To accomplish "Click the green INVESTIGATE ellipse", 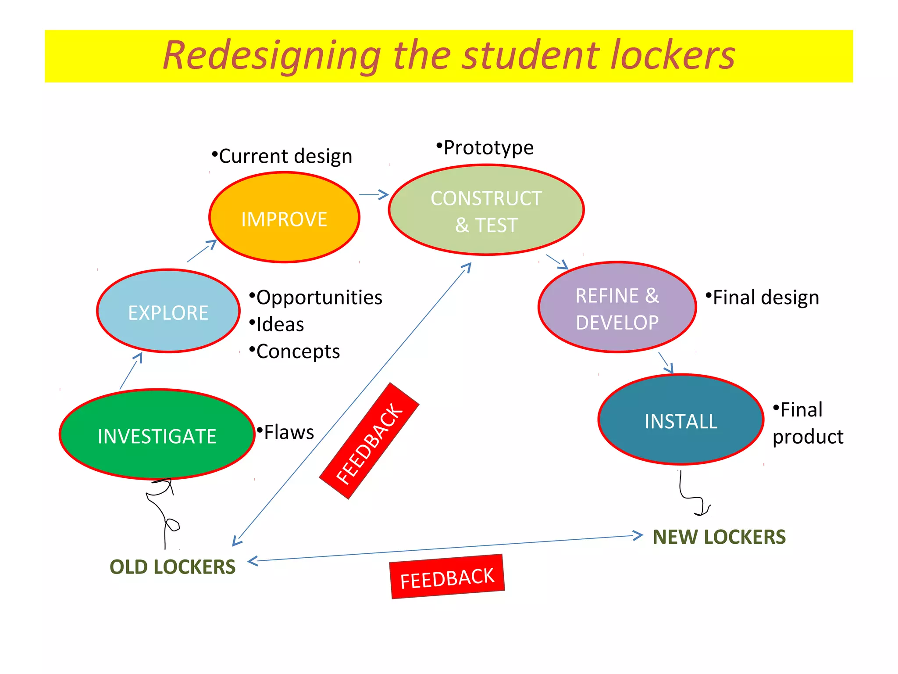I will [157, 434].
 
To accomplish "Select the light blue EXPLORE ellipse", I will [168, 311].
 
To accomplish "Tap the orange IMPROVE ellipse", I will [284, 218].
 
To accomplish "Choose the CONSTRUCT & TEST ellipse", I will [486, 210].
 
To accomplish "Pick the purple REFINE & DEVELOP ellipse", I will [617, 308].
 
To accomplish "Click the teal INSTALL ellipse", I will [681, 420].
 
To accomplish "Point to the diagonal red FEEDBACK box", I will [369, 441].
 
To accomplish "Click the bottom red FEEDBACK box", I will [447, 577].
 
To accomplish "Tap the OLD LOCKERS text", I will [172, 567].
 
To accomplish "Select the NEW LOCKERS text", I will [719, 537].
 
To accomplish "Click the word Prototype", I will [488, 148].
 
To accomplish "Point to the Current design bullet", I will [285, 156].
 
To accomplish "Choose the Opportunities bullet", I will [319, 298].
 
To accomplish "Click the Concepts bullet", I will [298, 351].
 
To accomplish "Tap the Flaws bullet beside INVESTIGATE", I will [289, 432].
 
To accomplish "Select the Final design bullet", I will [766, 298].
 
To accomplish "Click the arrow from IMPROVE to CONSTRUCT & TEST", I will [374, 194].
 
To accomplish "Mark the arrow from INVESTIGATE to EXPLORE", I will [131, 371].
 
